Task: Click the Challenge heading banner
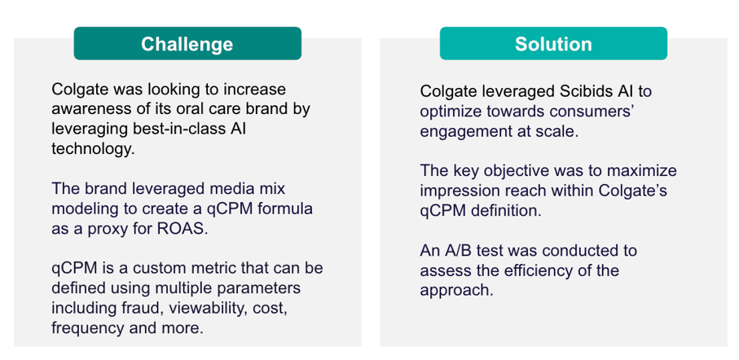187,43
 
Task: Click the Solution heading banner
553,43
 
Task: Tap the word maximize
645,170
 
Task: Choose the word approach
456,291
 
